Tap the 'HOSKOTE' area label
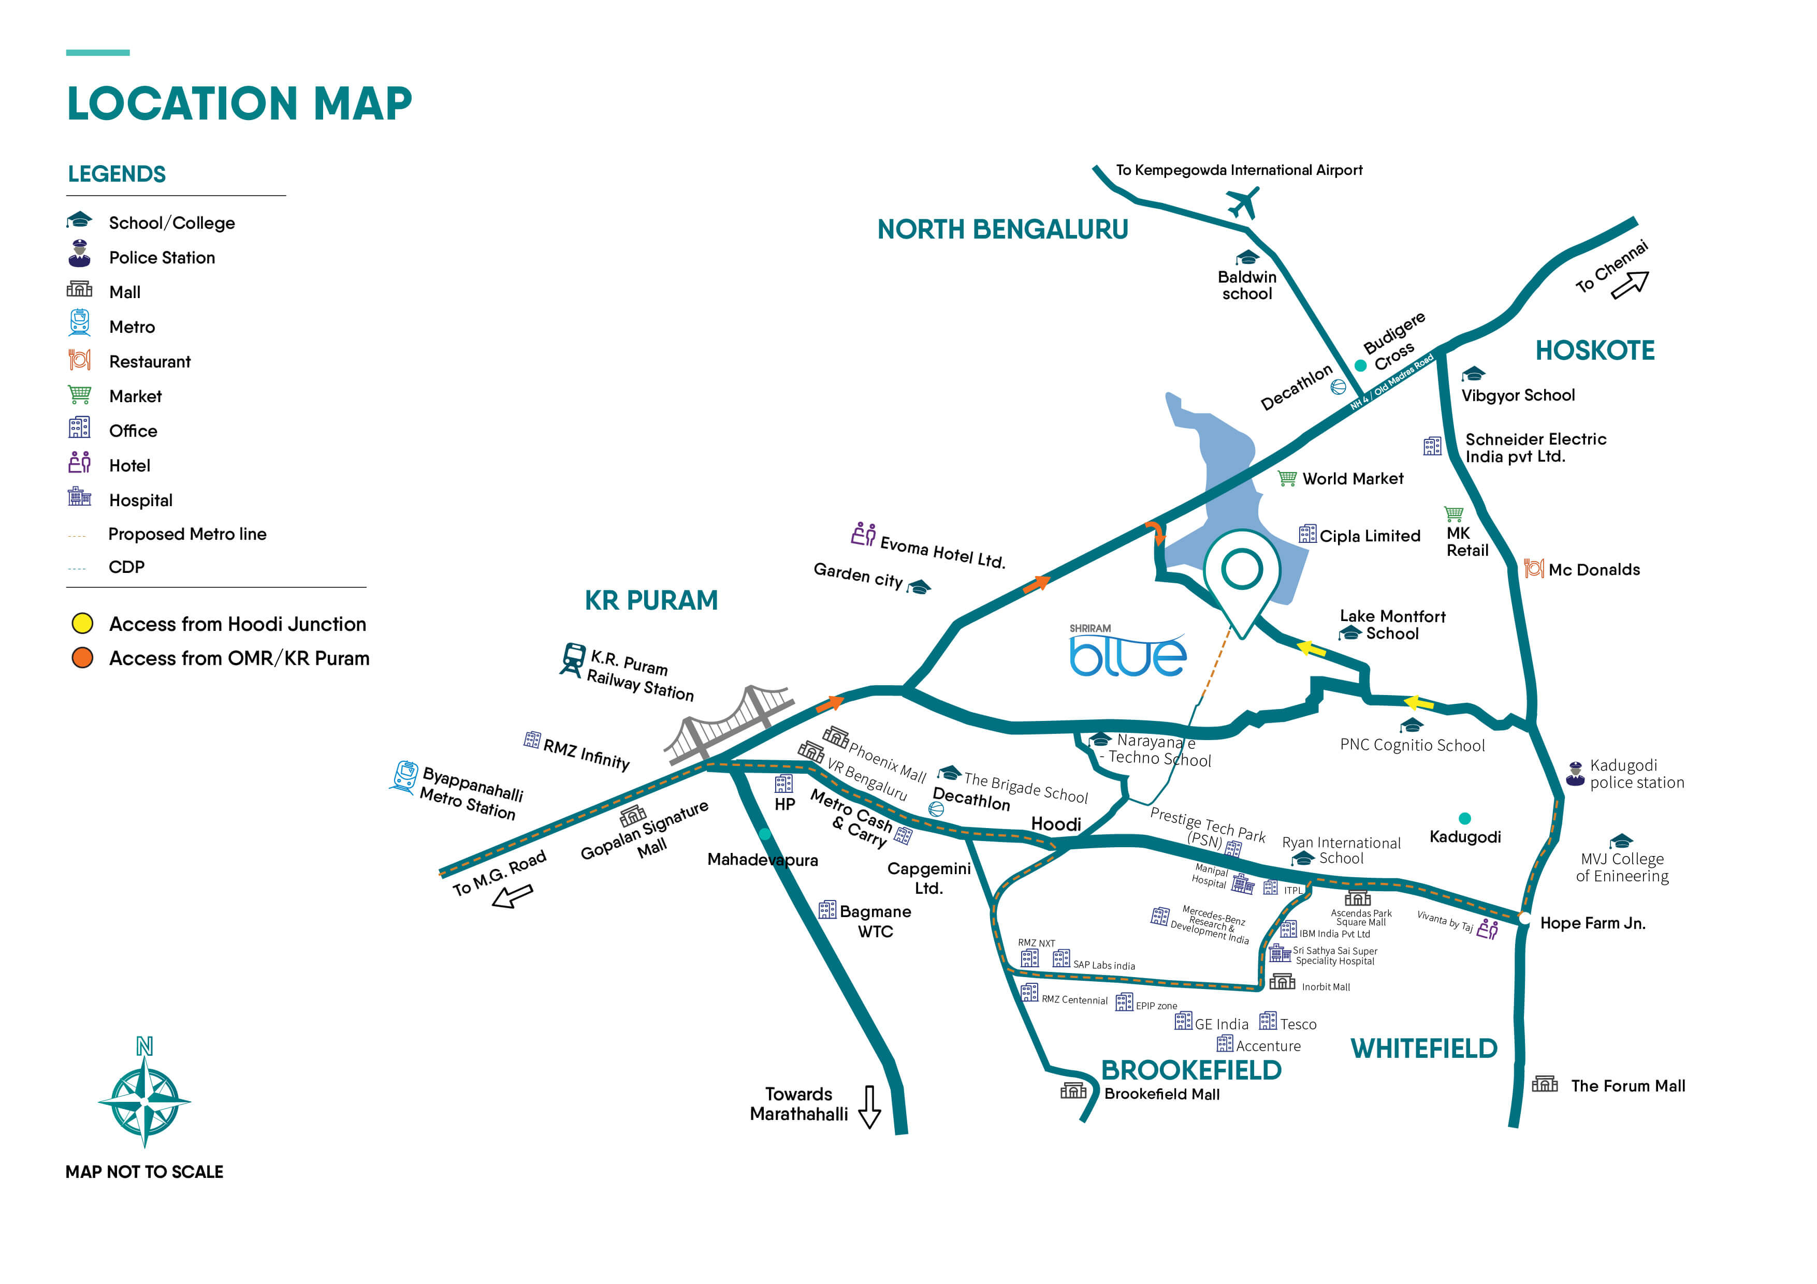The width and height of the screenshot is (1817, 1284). [1595, 350]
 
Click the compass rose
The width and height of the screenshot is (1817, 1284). [145, 1100]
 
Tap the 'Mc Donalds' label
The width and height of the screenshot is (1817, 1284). [1594, 570]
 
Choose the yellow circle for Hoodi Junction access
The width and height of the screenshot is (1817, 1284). [82, 624]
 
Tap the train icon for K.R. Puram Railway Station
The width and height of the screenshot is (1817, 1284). [572, 659]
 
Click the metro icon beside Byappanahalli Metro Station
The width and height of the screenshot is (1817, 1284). [404, 777]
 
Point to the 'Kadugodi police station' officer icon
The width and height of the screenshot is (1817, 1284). [1575, 773]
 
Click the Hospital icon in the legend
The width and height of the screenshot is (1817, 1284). [79, 497]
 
